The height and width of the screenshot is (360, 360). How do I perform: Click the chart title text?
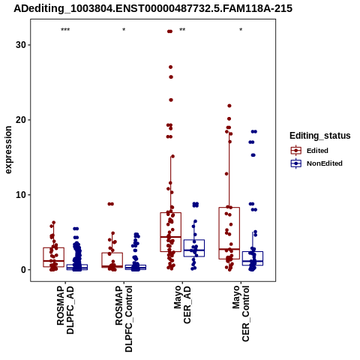coord(153,9)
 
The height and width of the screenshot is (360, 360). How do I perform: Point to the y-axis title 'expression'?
coord(8,150)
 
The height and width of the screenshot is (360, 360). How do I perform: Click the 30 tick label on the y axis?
coord(21,45)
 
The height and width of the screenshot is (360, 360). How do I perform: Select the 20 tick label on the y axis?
coord(21,120)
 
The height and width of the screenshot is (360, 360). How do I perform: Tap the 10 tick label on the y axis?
coord(21,195)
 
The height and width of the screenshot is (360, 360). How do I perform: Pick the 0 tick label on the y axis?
coord(24,270)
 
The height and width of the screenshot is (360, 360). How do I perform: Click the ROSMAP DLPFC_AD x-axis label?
coord(65,310)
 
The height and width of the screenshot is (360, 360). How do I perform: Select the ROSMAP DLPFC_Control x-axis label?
coord(124,319)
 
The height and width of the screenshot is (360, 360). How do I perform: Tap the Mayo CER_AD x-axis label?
coord(182,304)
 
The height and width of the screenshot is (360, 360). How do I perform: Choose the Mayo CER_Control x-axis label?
coord(241,313)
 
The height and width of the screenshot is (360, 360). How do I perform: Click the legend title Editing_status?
coord(320,136)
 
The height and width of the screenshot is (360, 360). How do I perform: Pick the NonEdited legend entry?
coord(316,163)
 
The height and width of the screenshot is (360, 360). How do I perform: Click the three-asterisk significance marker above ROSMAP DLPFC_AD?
coord(65,30)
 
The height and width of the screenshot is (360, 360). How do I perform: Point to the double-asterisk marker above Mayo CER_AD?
coord(182,30)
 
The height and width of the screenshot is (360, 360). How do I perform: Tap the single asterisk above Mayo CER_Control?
coord(241,30)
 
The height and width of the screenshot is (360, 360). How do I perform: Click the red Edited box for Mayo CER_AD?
coord(171,213)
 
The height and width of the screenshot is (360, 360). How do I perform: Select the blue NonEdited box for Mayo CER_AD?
coord(194,240)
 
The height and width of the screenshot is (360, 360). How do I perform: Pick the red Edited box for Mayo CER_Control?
coord(229,208)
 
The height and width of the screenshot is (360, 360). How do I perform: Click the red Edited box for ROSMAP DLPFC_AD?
coord(54,248)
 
